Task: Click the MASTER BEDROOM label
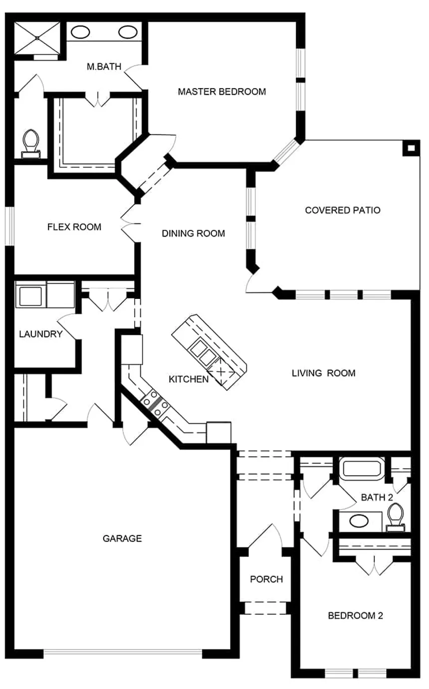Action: tap(222, 92)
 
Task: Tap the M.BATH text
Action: tap(104, 66)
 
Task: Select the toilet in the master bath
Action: tap(31, 144)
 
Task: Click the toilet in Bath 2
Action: tap(396, 517)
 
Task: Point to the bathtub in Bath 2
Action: tap(362, 469)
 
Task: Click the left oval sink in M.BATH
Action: tap(80, 32)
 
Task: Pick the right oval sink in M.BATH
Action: tap(128, 32)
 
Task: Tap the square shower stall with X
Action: tap(37, 38)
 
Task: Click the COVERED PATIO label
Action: tap(343, 210)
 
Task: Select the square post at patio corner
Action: tap(411, 148)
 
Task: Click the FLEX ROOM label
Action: tap(74, 227)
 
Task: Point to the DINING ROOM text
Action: tap(194, 234)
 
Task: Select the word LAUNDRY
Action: tap(41, 334)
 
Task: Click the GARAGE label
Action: tap(122, 538)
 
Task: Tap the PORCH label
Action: tap(266, 579)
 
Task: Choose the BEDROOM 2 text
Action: tap(355, 615)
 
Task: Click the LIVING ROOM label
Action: tap(324, 373)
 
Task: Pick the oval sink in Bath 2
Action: tap(359, 521)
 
